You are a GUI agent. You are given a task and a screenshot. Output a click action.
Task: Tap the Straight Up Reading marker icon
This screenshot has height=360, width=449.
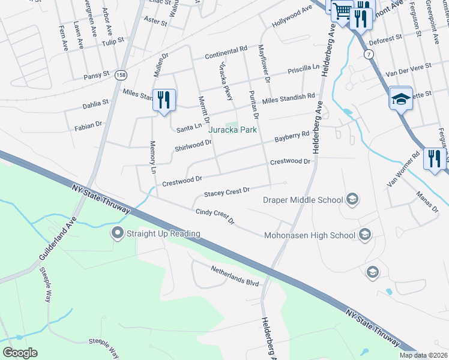tap(116, 232)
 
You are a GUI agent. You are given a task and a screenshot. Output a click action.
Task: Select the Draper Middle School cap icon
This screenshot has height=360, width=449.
tap(353, 199)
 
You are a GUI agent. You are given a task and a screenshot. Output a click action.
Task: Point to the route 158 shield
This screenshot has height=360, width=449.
tap(122, 74)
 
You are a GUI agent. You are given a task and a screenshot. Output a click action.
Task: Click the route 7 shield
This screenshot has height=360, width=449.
tap(369, 54)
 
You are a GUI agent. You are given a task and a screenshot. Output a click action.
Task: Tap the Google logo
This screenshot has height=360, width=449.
tap(20, 353)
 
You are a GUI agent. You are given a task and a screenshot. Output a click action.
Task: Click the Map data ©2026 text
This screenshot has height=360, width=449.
tap(423, 355)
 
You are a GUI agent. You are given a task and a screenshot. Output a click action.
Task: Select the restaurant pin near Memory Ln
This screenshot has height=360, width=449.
tap(164, 100)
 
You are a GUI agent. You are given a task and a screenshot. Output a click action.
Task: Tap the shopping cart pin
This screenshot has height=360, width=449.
tap(342, 11)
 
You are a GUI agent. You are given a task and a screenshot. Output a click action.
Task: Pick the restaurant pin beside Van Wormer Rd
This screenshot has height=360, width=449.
tap(435, 159)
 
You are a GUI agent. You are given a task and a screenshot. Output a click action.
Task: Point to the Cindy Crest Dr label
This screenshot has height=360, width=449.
tap(215, 217)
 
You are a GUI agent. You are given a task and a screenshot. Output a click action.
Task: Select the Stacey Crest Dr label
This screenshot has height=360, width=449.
tap(226, 192)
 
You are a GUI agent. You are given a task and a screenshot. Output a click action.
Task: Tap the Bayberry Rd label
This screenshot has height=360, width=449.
tap(291, 137)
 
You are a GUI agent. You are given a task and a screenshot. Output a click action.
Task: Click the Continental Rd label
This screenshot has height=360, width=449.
tap(226, 52)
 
